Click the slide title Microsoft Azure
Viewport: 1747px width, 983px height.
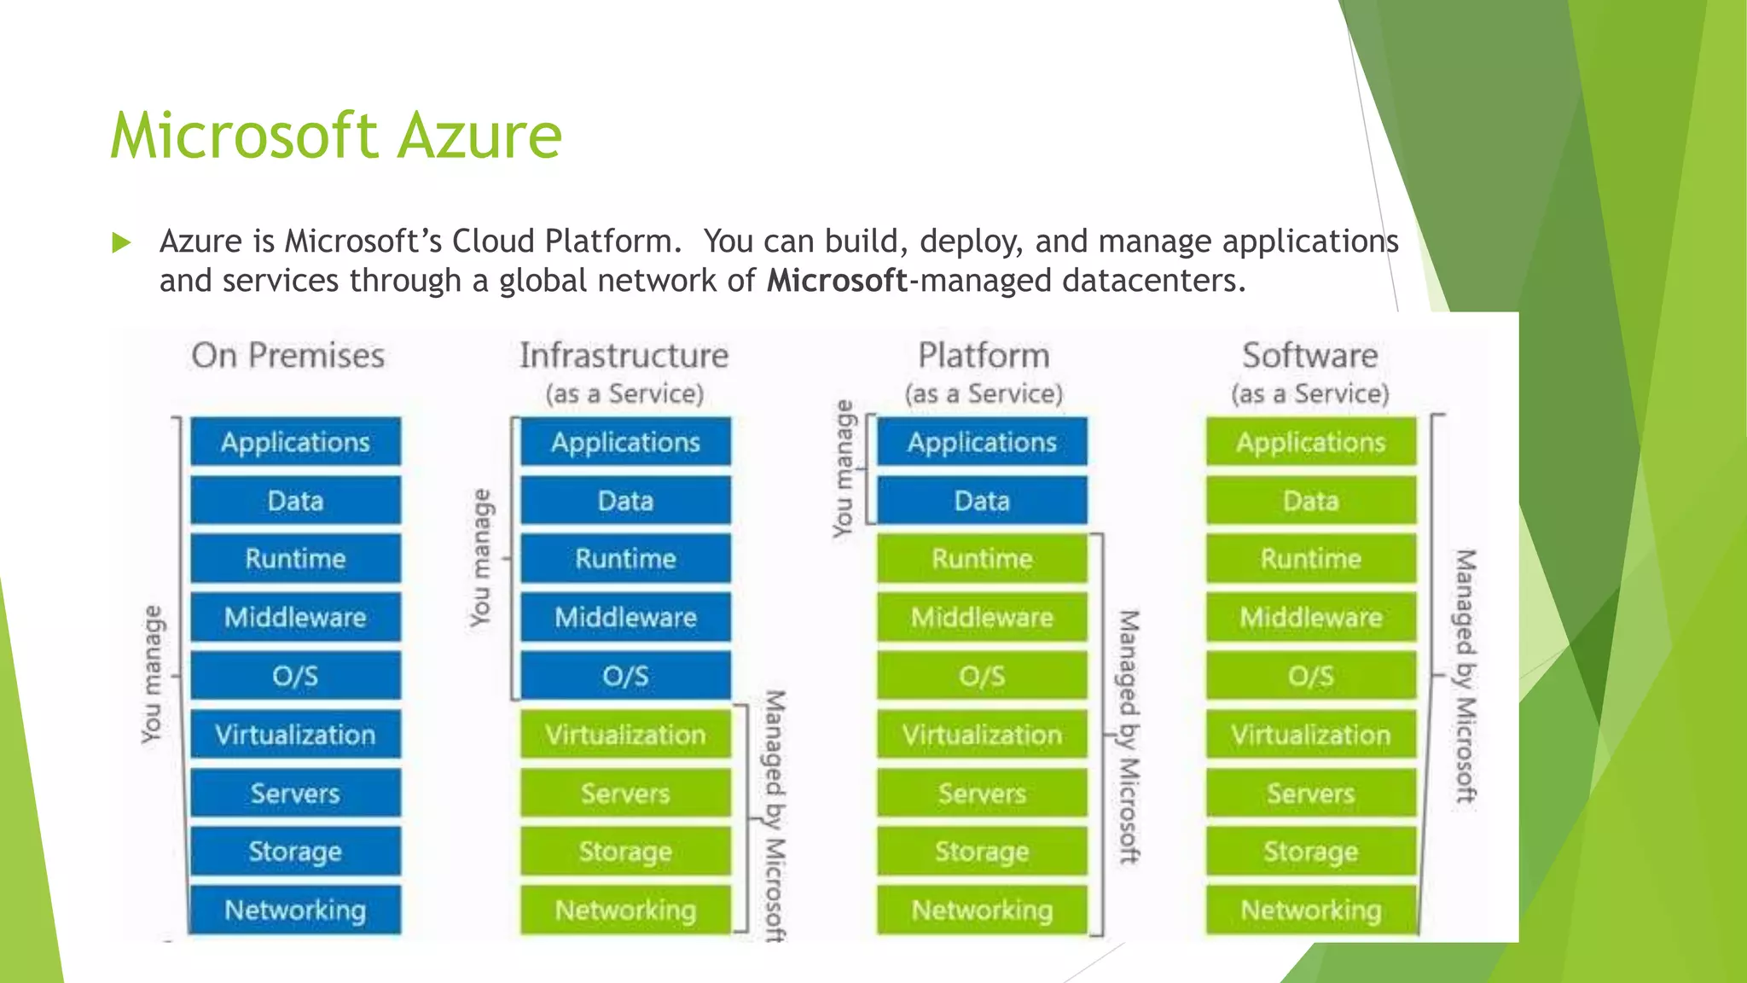[x=336, y=137]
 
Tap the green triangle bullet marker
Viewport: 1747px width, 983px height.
[x=121, y=243]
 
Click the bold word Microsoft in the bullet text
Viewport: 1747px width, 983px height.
[x=836, y=281]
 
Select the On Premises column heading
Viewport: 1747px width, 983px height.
[x=287, y=356]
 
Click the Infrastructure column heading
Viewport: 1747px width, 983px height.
[x=624, y=356]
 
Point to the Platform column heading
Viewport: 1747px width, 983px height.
[x=984, y=356]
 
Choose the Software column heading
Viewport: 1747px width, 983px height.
[x=1309, y=356]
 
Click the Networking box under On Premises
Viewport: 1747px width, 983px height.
[x=295, y=910]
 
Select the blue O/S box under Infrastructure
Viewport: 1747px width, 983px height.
[x=625, y=676]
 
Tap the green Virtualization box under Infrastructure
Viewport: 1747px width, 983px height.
[x=625, y=735]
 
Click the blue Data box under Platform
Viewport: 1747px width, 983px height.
[x=982, y=500]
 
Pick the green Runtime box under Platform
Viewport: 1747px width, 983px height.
[x=982, y=559]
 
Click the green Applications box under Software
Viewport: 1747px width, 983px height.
[x=1311, y=442]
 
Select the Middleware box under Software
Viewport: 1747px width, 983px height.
[x=1311, y=617]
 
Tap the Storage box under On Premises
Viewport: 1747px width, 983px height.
[x=295, y=852]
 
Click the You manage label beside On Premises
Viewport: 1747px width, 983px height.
[x=152, y=674]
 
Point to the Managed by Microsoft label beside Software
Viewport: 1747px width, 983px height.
[x=1465, y=676]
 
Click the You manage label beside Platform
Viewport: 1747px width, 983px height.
[x=843, y=469]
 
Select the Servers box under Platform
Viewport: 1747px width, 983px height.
[x=982, y=794]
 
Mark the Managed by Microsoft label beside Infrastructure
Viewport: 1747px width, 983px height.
[x=774, y=815]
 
